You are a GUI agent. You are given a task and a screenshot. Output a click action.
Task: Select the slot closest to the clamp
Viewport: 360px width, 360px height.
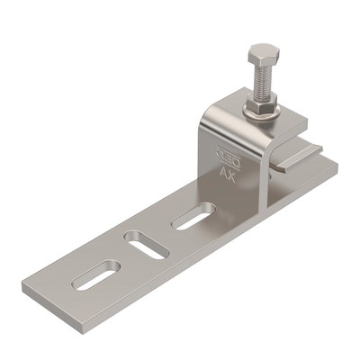(x=191, y=216)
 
